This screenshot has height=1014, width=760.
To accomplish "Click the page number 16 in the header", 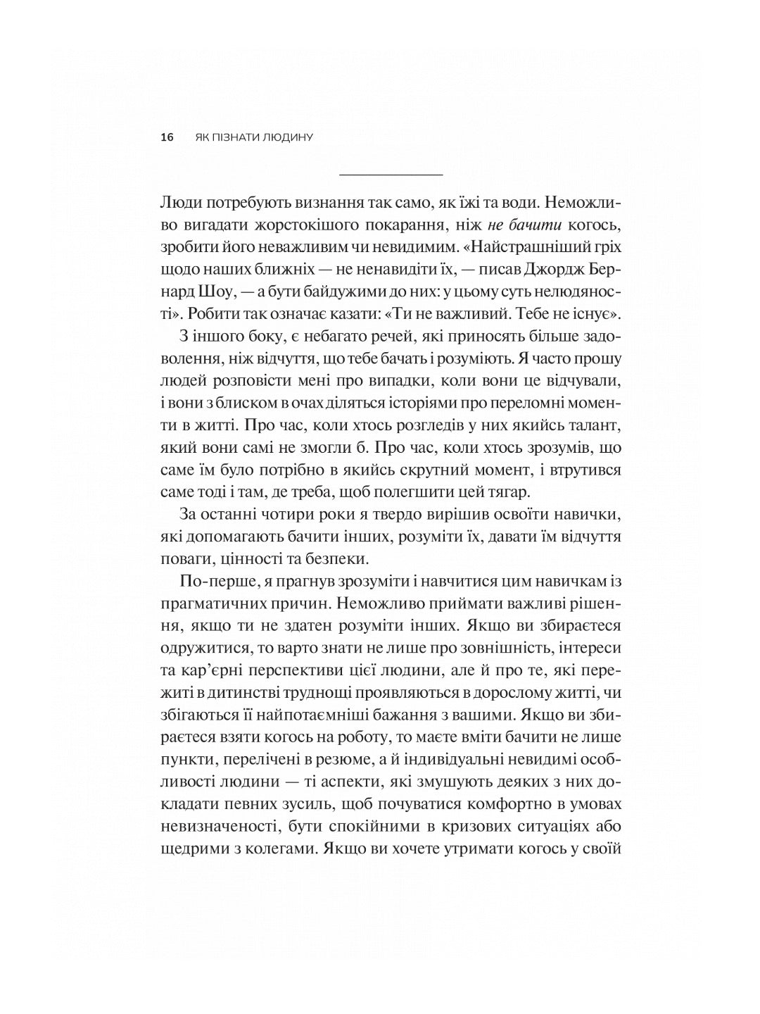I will (167, 137).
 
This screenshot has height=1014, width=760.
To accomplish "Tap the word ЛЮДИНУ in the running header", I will (286, 137).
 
